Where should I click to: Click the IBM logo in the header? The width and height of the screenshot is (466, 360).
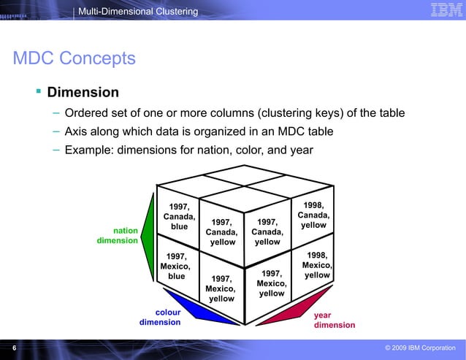444,10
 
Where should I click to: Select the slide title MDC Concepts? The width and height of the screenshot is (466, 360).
75,58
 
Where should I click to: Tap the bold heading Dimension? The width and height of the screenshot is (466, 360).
83,93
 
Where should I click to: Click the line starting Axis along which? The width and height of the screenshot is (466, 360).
199,131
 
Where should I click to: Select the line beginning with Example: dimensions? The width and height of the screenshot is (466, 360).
188,150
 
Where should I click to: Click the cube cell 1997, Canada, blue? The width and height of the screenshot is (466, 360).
178,217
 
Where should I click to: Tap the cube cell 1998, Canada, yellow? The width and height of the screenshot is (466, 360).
313,215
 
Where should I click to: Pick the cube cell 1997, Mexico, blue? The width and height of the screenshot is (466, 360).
176,267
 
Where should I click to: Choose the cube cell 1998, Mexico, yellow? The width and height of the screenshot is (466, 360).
316,265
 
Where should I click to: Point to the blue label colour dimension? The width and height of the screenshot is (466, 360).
160,318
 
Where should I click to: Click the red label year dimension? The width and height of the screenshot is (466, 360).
334,320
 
